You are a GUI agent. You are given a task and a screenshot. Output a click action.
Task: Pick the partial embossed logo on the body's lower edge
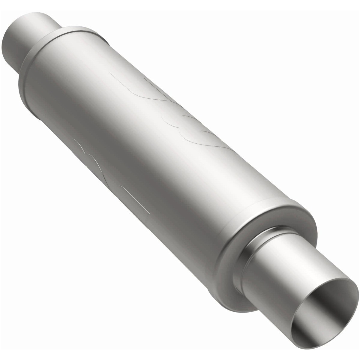pyautogui.click(x=108, y=174)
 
